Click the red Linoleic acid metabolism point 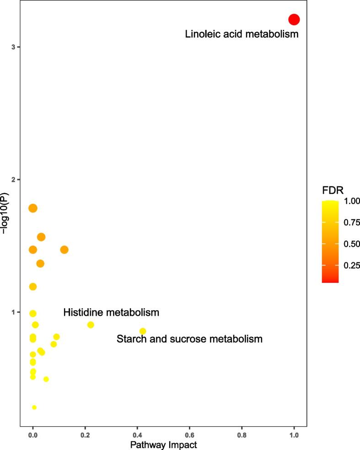click(x=294, y=19)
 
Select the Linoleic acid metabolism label click(x=242, y=34)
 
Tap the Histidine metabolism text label click(x=111, y=313)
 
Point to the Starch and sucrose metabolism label click(x=189, y=339)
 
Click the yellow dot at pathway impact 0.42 click(x=143, y=331)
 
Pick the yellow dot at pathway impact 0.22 click(x=91, y=325)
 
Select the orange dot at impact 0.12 click(x=64, y=249)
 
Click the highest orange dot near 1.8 click(x=32, y=208)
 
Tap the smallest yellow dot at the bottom click(x=34, y=407)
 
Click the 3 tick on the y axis click(x=14, y=47)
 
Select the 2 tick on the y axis click(x=14, y=179)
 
